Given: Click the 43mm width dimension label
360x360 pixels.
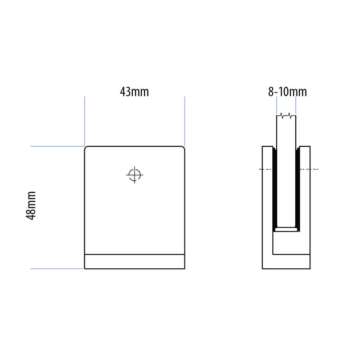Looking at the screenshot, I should tap(134, 92).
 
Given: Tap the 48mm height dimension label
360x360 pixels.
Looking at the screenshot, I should tap(31, 205).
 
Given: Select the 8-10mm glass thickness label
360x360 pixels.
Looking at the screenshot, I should tap(287, 92).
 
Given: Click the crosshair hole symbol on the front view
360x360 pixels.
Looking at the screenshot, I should tap(134, 175).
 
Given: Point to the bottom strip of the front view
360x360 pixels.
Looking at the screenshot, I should tap(135, 261).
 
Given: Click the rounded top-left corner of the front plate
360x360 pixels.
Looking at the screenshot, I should tap(87, 148).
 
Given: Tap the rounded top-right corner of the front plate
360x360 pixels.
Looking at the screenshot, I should tap(182, 148).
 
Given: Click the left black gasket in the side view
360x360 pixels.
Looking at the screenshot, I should tap(274, 189).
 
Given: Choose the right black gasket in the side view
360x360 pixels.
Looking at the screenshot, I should tap(298, 189).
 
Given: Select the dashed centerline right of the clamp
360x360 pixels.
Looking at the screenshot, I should tap(314, 169).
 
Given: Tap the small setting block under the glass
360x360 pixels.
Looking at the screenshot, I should tap(286, 229).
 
